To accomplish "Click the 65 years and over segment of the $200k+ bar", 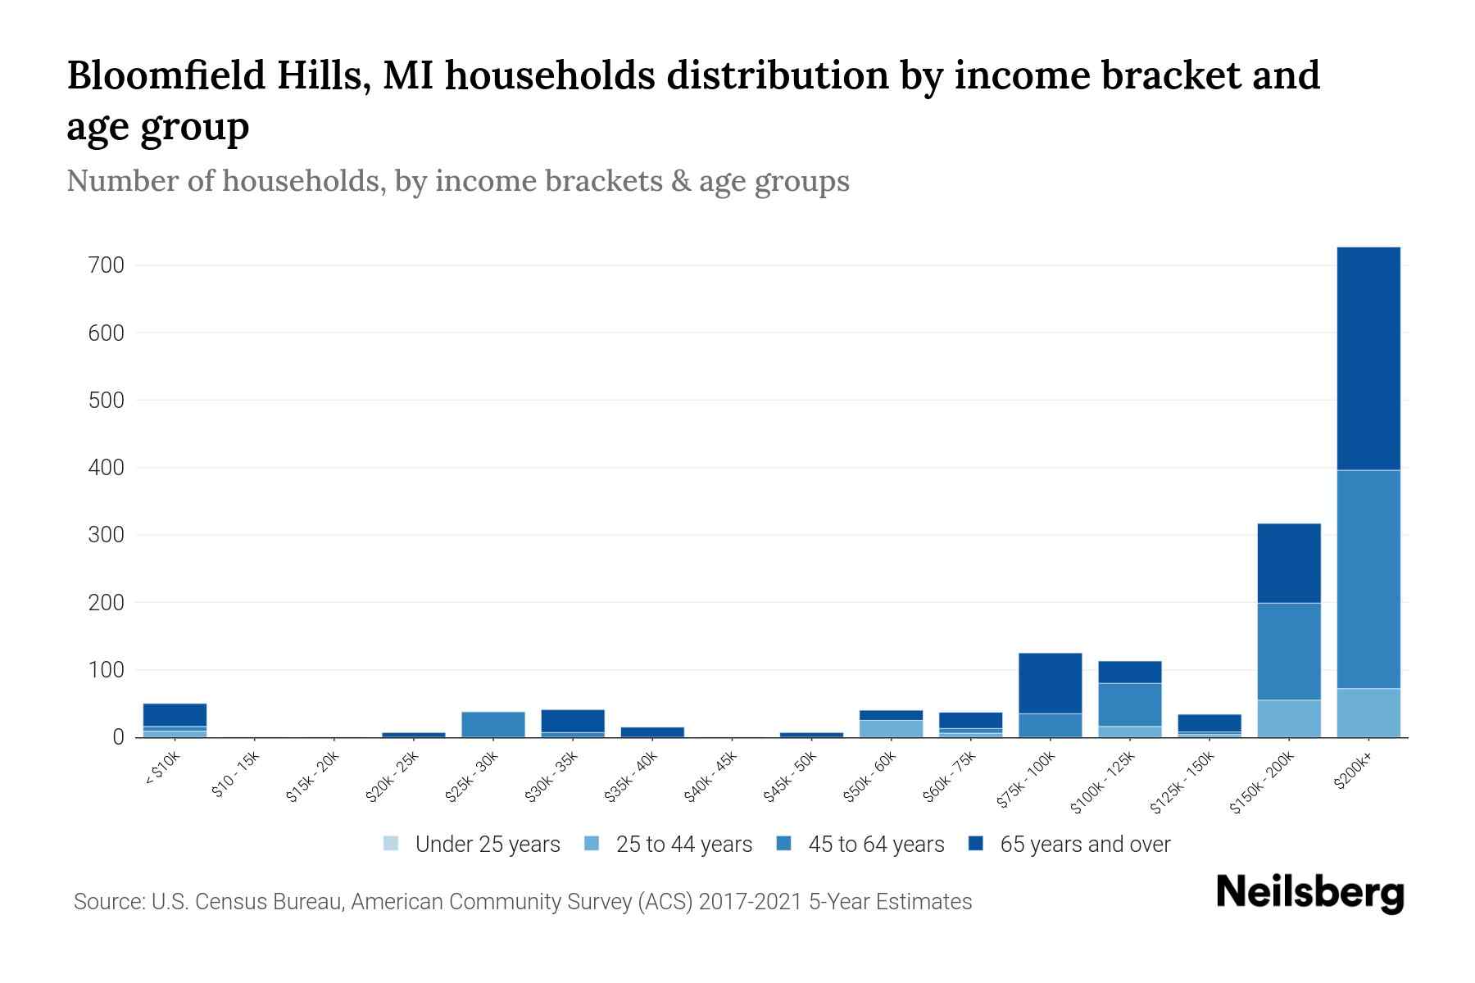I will [x=1368, y=358].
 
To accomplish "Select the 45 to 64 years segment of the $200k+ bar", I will [x=1368, y=578].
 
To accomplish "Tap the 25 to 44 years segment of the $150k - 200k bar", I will [x=1288, y=718].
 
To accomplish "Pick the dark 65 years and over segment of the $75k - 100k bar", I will [x=1050, y=683].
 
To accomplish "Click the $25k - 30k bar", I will [x=492, y=724].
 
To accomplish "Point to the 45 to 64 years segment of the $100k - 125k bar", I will [x=1129, y=704].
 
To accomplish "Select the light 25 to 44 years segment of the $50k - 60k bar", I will [x=891, y=728].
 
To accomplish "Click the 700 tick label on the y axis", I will [x=107, y=265].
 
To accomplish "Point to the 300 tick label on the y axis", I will [x=107, y=535].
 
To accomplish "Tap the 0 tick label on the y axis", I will [x=118, y=737].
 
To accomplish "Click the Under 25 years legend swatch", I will [x=391, y=844].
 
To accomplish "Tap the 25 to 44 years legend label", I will [x=683, y=845].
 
